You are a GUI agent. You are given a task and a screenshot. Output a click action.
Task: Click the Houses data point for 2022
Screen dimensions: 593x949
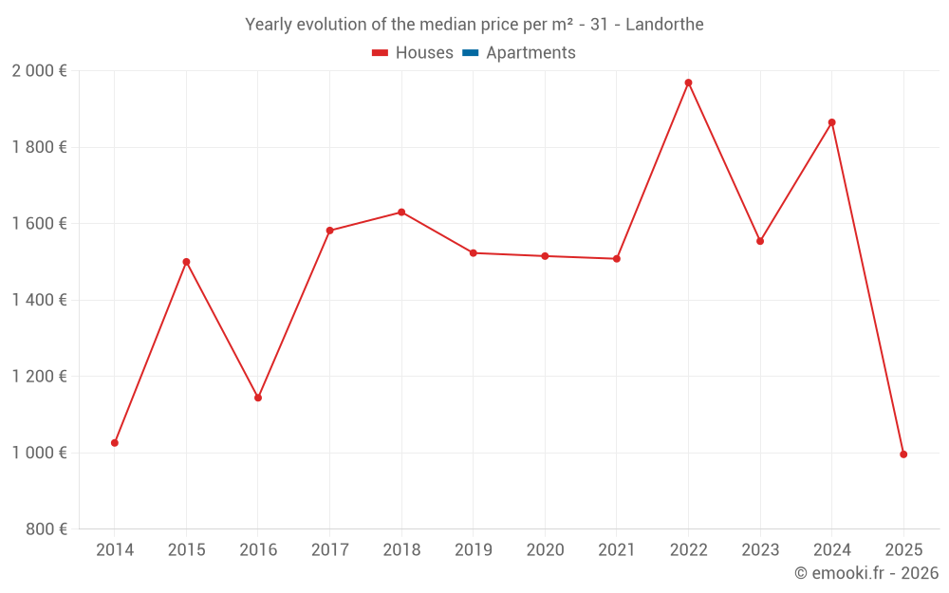click(x=688, y=83)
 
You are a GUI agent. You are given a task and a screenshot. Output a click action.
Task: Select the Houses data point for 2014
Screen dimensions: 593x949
click(x=115, y=443)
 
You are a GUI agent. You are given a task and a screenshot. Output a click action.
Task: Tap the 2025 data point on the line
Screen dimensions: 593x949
click(x=903, y=454)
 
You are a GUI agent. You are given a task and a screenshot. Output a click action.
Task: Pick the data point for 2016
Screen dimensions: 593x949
click(x=258, y=398)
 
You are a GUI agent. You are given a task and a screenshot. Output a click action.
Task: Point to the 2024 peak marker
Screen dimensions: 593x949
click(x=832, y=122)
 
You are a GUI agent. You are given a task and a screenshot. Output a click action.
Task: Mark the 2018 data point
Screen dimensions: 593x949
click(x=401, y=213)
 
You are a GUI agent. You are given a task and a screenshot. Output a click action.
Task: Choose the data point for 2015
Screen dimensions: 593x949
click(x=186, y=262)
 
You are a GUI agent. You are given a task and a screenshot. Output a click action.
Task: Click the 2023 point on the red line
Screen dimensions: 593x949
click(x=760, y=241)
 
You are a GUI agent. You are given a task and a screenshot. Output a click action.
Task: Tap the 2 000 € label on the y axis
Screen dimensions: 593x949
click(x=39, y=71)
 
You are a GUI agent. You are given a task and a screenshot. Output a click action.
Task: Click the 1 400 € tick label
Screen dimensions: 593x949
click(x=39, y=300)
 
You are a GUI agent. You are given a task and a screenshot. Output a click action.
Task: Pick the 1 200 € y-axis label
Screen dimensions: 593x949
click(x=39, y=377)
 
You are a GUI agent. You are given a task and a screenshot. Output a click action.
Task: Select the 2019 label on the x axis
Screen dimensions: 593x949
click(x=474, y=550)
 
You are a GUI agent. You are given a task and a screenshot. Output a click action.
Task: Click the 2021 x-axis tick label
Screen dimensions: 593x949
click(x=617, y=550)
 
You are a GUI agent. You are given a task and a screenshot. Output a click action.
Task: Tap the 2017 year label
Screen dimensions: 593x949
click(x=329, y=550)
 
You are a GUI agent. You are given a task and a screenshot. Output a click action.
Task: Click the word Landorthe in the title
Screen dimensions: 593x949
click(x=664, y=25)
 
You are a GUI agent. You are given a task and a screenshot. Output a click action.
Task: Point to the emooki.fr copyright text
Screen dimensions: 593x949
click(x=865, y=573)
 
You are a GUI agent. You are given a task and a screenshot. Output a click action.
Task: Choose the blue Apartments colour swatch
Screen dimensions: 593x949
click(x=470, y=53)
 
